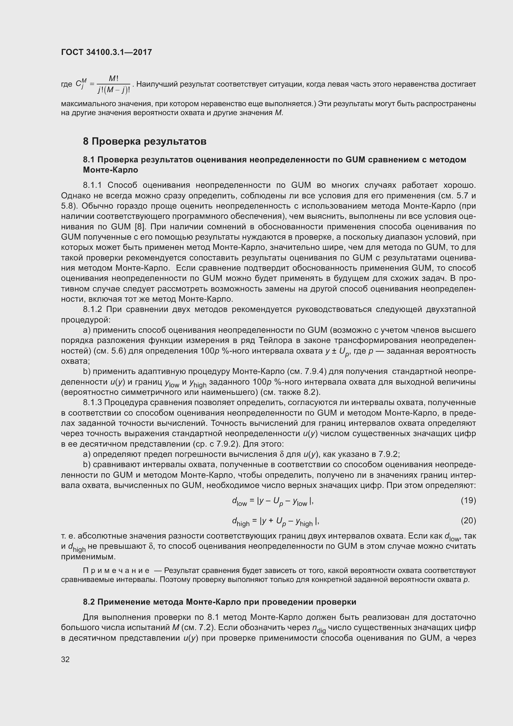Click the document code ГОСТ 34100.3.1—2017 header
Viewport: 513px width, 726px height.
[x=106, y=52]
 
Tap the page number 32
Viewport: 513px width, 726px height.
[x=65, y=659]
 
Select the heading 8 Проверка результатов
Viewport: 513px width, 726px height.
[x=145, y=141]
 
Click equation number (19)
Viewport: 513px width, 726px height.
[x=468, y=500]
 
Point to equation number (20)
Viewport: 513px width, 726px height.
[x=468, y=520]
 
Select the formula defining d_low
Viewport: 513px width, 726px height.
[x=273, y=501]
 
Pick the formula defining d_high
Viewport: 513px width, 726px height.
[x=275, y=521]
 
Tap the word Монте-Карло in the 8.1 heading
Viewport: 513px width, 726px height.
[x=110, y=170]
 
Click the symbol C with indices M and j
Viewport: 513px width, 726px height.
[x=80, y=84]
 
